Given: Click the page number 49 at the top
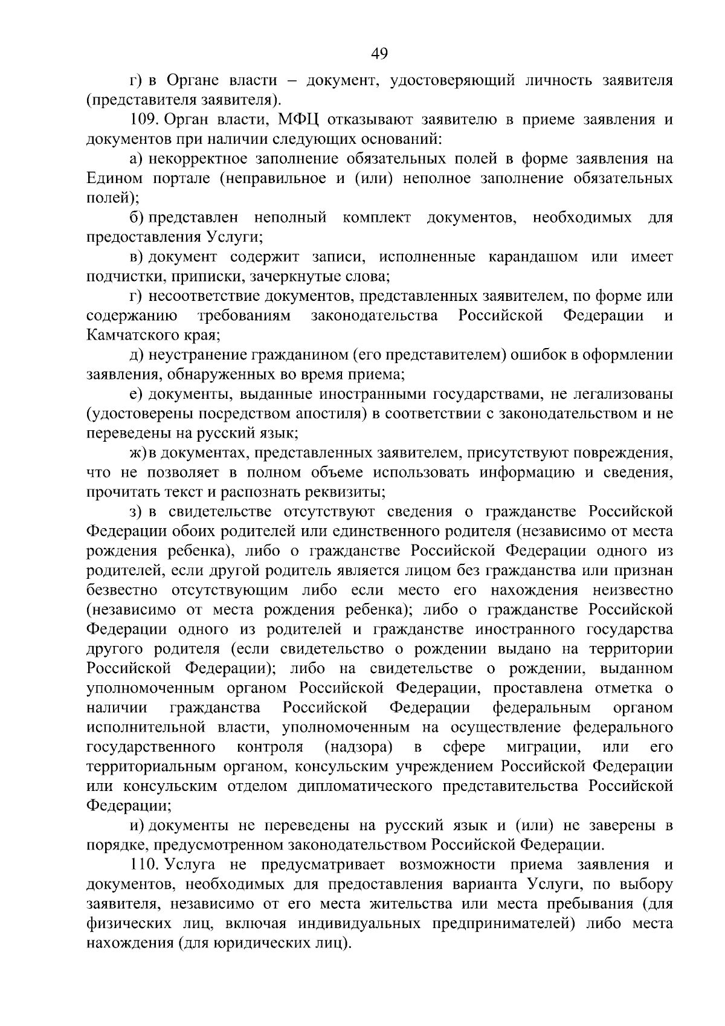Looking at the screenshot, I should pyautogui.click(x=379, y=54).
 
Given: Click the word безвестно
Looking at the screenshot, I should pyautogui.click(x=122, y=590).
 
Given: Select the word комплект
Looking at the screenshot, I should pyautogui.click(x=376, y=218).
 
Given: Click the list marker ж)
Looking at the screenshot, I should pyautogui.click(x=139, y=453).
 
